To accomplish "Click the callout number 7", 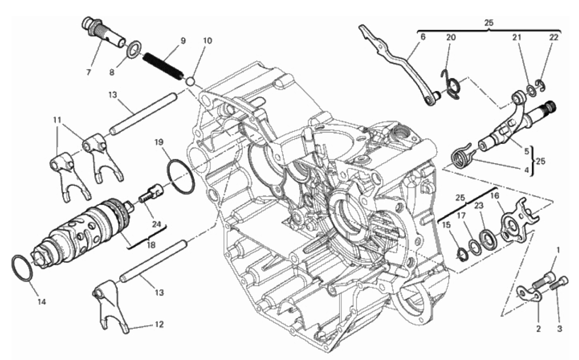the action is click(88, 72).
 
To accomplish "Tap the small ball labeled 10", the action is click(190, 81).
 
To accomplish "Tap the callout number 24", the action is click(156, 224).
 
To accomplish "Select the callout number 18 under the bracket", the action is click(151, 244).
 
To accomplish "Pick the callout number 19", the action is click(159, 142).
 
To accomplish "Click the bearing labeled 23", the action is click(488, 240).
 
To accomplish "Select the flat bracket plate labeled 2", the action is click(530, 296).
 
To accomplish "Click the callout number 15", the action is click(446, 225).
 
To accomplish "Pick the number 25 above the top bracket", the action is click(489, 23).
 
